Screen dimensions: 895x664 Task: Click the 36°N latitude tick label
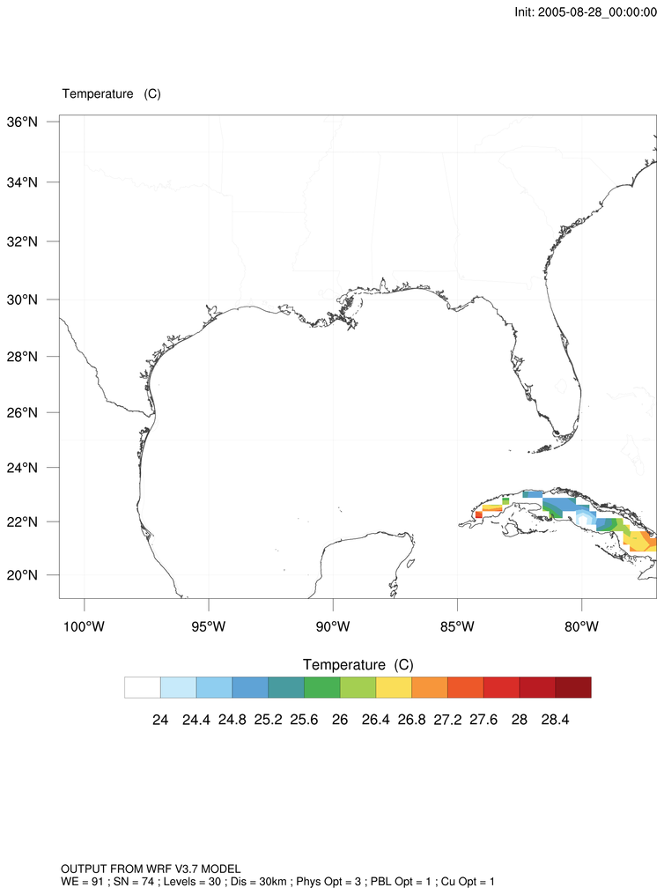point(32,122)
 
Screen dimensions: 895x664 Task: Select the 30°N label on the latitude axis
point(32,300)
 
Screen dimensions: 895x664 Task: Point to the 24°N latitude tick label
point(32,467)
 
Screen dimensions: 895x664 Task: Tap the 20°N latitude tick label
point(32,575)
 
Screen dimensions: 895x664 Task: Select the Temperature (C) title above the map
point(111,93)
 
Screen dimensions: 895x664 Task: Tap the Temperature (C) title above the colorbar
point(358,663)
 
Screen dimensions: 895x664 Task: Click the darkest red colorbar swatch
point(573,687)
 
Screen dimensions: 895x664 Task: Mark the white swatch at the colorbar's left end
point(143,687)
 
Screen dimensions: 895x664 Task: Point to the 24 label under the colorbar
point(160,720)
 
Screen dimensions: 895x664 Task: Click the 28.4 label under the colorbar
point(555,720)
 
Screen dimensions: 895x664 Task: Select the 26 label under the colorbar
point(340,720)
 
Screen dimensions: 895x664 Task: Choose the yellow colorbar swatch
point(394,687)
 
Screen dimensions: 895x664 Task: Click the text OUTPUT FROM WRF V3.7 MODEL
point(151,869)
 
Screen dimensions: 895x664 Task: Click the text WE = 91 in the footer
point(85,881)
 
